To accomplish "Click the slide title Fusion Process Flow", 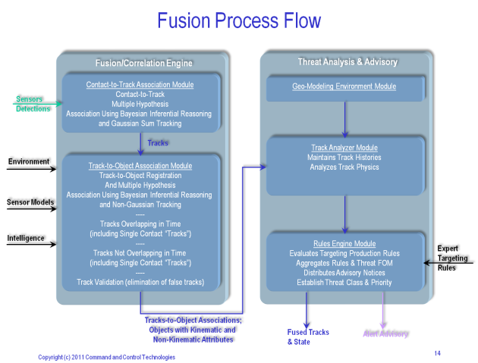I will [x=239, y=20].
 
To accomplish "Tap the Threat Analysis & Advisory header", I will [x=347, y=61].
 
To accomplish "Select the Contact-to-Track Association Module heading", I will [x=140, y=85].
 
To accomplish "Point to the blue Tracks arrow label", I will [x=158, y=142].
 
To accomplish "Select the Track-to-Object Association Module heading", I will [x=140, y=165].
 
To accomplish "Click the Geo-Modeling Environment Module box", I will [x=344, y=86].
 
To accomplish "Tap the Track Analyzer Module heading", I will [x=344, y=148].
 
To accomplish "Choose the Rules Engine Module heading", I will [x=344, y=244].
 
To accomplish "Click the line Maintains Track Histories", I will [x=344, y=157].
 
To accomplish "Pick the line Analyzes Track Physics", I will [x=344, y=167].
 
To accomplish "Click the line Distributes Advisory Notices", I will [x=344, y=272].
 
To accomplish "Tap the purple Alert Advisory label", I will [x=385, y=334].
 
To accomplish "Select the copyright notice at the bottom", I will [x=107, y=357].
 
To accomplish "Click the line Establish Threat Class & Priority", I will [x=344, y=282].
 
